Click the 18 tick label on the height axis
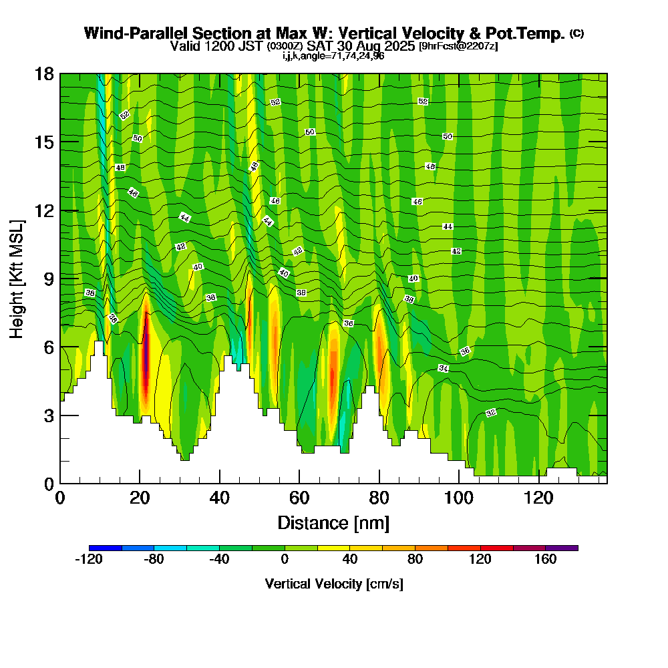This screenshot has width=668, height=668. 44,73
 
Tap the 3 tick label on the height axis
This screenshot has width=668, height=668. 48,415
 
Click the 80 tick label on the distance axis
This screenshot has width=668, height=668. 379,498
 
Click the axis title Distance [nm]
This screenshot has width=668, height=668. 333,522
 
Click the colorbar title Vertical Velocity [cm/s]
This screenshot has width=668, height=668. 333,584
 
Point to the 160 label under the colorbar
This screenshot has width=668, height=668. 546,560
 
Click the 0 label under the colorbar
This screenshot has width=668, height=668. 285,560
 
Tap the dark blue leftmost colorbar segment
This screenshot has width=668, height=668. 106,548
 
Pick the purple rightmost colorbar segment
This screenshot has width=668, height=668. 562,548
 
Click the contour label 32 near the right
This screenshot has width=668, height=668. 491,413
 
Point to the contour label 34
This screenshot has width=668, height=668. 444,368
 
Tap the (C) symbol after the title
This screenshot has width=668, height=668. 576,33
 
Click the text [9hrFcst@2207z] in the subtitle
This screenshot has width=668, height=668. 458,46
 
